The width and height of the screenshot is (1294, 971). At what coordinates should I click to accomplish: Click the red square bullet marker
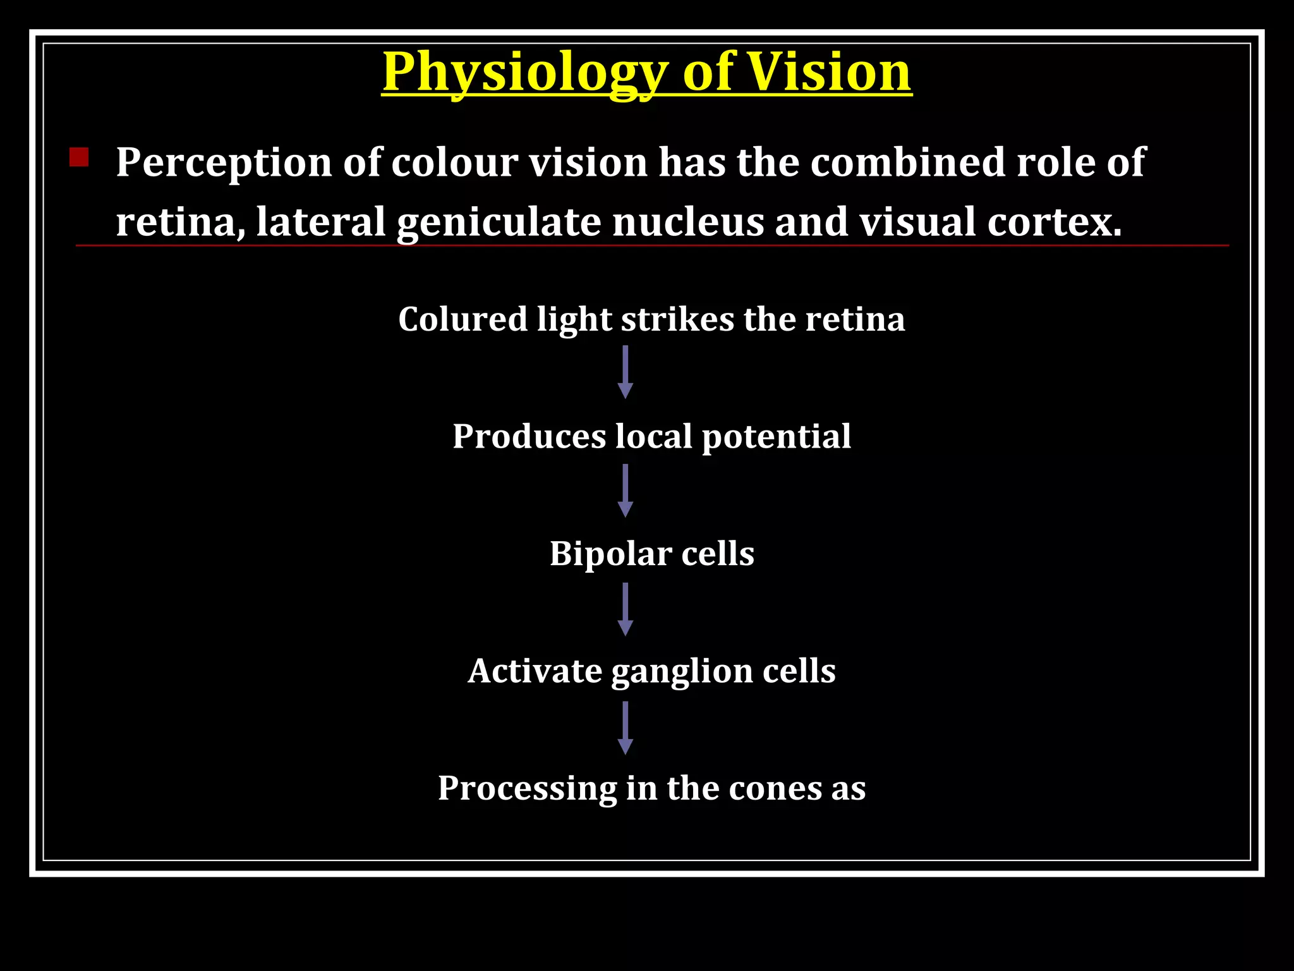tap(79, 157)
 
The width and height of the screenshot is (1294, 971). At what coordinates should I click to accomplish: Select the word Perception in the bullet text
tap(224, 163)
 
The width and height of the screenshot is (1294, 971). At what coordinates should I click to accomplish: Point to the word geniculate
tap(499, 223)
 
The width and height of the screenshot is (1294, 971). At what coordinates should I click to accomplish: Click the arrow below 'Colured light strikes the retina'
tap(626, 372)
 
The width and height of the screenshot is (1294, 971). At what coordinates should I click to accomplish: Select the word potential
tap(777, 436)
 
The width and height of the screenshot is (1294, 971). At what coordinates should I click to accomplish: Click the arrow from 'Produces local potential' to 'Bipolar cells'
tap(626, 491)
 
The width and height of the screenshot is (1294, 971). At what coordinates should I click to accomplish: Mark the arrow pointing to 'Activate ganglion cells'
tap(626, 609)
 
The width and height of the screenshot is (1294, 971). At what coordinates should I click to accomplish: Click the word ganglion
tap(682, 671)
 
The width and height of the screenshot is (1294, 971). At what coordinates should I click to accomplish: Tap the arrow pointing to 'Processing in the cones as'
tap(626, 728)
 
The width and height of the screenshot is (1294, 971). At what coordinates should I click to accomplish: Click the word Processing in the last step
tap(527, 789)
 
